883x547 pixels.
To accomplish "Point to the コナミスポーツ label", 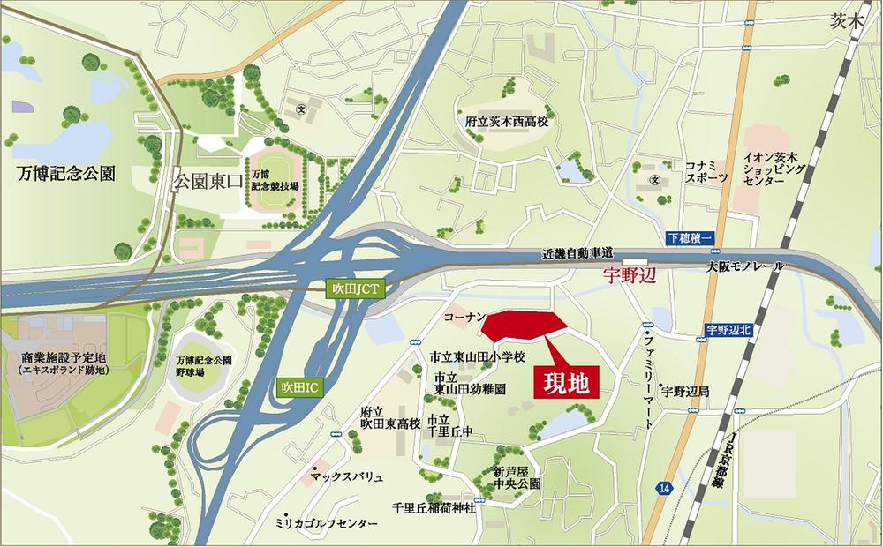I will [707, 171].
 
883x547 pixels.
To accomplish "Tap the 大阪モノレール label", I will [744, 266].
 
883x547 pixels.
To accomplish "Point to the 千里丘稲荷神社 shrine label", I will [434, 507].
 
